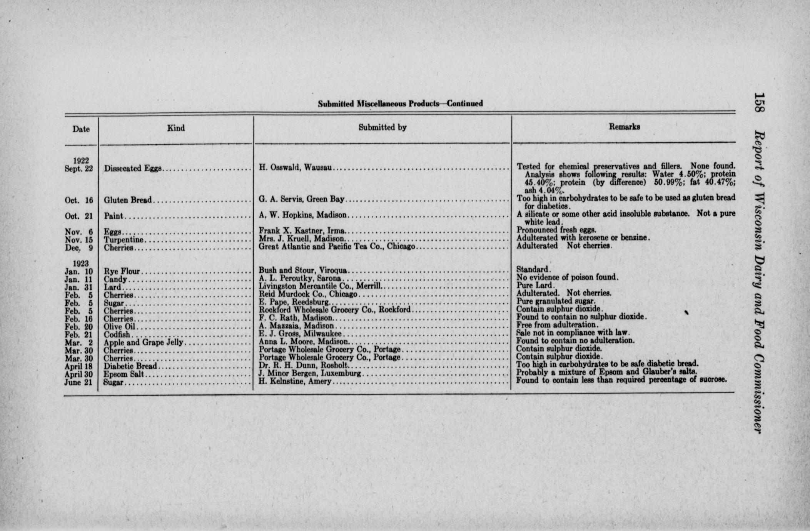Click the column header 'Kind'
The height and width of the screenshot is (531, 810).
[176, 128]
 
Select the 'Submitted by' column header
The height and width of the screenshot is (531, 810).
[382, 127]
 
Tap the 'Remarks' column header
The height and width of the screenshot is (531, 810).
[624, 127]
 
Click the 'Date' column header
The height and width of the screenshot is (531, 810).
[81, 129]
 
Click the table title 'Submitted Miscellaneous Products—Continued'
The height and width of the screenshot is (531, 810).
[400, 104]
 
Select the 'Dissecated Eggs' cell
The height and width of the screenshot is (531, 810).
[133, 168]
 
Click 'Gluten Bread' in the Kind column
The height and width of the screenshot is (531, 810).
[128, 200]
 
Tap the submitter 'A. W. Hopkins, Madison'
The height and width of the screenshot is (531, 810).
[302, 215]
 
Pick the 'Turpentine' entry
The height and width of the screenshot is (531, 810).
[124, 240]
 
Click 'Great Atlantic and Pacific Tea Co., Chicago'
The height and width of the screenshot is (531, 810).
[337, 246]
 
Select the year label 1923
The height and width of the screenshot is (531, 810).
[81, 264]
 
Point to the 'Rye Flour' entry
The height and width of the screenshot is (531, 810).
[122, 271]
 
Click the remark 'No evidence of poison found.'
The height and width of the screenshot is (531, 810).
[567, 277]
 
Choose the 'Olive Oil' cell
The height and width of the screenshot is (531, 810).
[120, 327]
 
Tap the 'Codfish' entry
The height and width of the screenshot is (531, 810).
[117, 335]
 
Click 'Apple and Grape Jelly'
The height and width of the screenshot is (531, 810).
[144, 342]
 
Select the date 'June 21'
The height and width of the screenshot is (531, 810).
[79, 382]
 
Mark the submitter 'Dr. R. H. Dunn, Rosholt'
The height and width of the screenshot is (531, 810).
[303, 366]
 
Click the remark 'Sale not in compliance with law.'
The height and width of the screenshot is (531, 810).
[573, 332]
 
